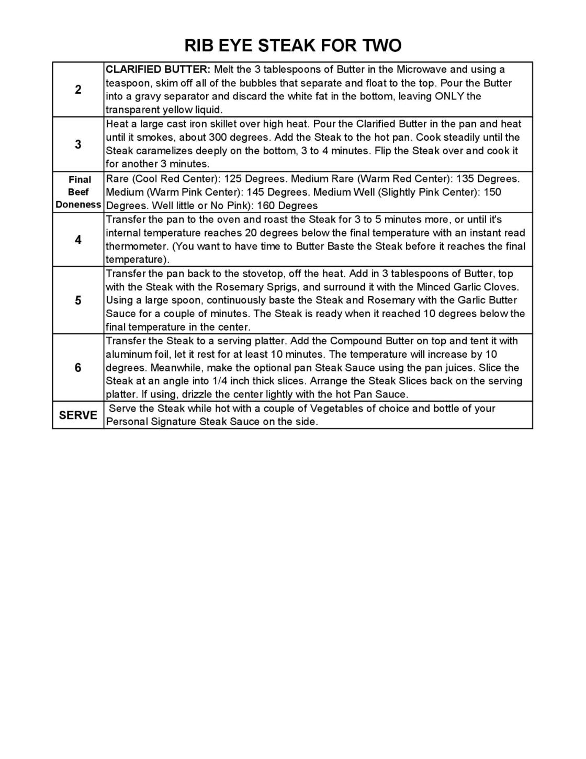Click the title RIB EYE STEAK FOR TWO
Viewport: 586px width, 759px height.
pyautogui.click(x=292, y=46)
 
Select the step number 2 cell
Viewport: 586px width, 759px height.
pyautogui.click(x=78, y=89)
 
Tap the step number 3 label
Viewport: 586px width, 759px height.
pyautogui.click(x=78, y=144)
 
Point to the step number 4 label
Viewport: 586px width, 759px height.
pyautogui.click(x=78, y=240)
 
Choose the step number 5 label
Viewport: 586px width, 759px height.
pyautogui.click(x=78, y=300)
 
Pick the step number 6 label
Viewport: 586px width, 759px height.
pyautogui.click(x=78, y=368)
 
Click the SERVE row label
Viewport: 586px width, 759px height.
pyautogui.click(x=78, y=415)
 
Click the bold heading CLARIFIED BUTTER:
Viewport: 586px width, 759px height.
pyautogui.click(x=158, y=70)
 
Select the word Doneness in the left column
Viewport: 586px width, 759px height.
pyautogui.click(x=78, y=205)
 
